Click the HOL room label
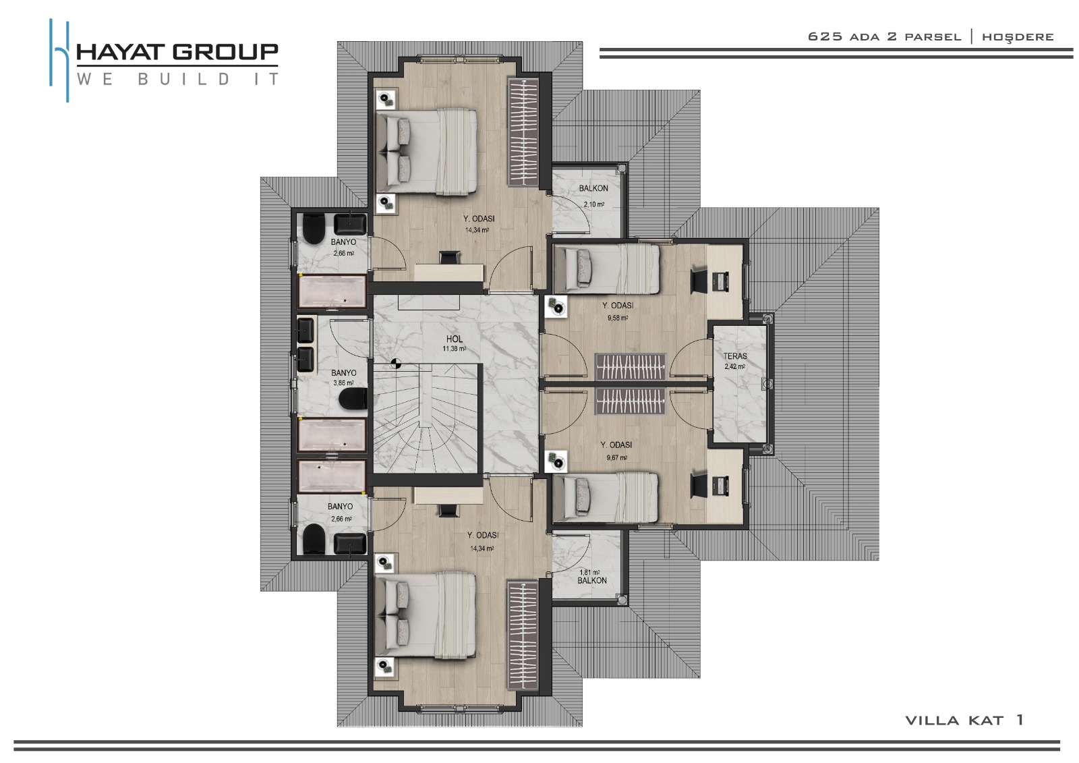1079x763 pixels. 455,339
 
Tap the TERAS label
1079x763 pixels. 734,356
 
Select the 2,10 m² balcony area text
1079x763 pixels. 594,204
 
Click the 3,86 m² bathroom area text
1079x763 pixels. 343,383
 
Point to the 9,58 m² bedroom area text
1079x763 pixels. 618,318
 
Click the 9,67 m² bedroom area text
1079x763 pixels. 616,458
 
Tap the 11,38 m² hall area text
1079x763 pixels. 455,349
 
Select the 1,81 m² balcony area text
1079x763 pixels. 589,573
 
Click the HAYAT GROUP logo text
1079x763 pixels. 177,52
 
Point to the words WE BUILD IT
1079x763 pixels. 177,79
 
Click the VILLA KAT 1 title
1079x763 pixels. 964,720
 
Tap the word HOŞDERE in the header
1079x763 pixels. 1018,37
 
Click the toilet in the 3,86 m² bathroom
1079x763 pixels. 353,400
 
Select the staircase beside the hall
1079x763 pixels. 427,418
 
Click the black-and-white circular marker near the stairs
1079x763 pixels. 396,364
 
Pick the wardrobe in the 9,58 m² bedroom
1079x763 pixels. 631,367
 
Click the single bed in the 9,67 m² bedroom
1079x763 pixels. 606,497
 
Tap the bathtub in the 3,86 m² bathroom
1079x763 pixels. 332,435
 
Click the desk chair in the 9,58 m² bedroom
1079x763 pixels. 699,281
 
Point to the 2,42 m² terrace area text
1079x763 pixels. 734,367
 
